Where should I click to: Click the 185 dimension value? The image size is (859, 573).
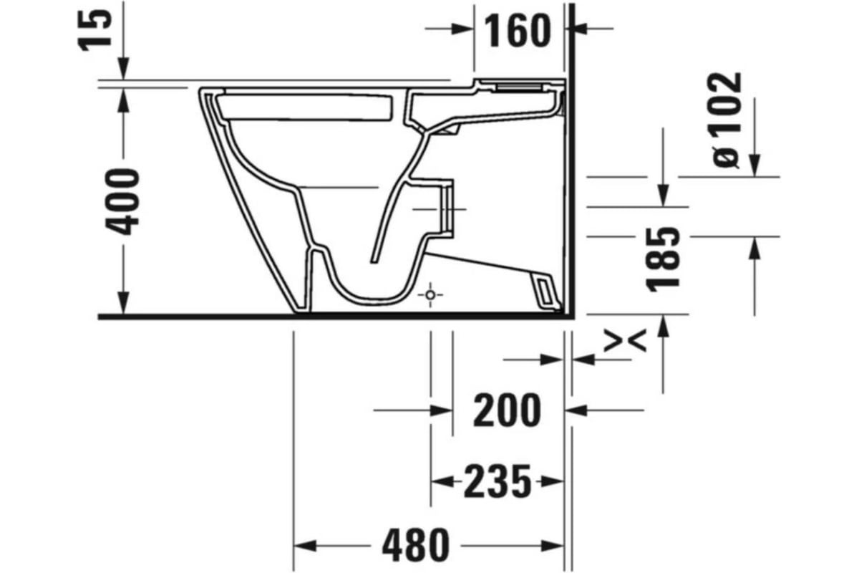[662, 259]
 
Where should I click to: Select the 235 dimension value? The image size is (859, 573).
[498, 481]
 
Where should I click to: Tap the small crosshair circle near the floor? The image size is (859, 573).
[430, 294]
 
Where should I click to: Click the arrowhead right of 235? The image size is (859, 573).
[551, 481]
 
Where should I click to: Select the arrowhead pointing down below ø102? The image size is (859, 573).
[754, 165]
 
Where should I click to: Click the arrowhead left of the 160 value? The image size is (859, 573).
[463, 29]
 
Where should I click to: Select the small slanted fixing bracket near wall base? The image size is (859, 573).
[545, 291]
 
